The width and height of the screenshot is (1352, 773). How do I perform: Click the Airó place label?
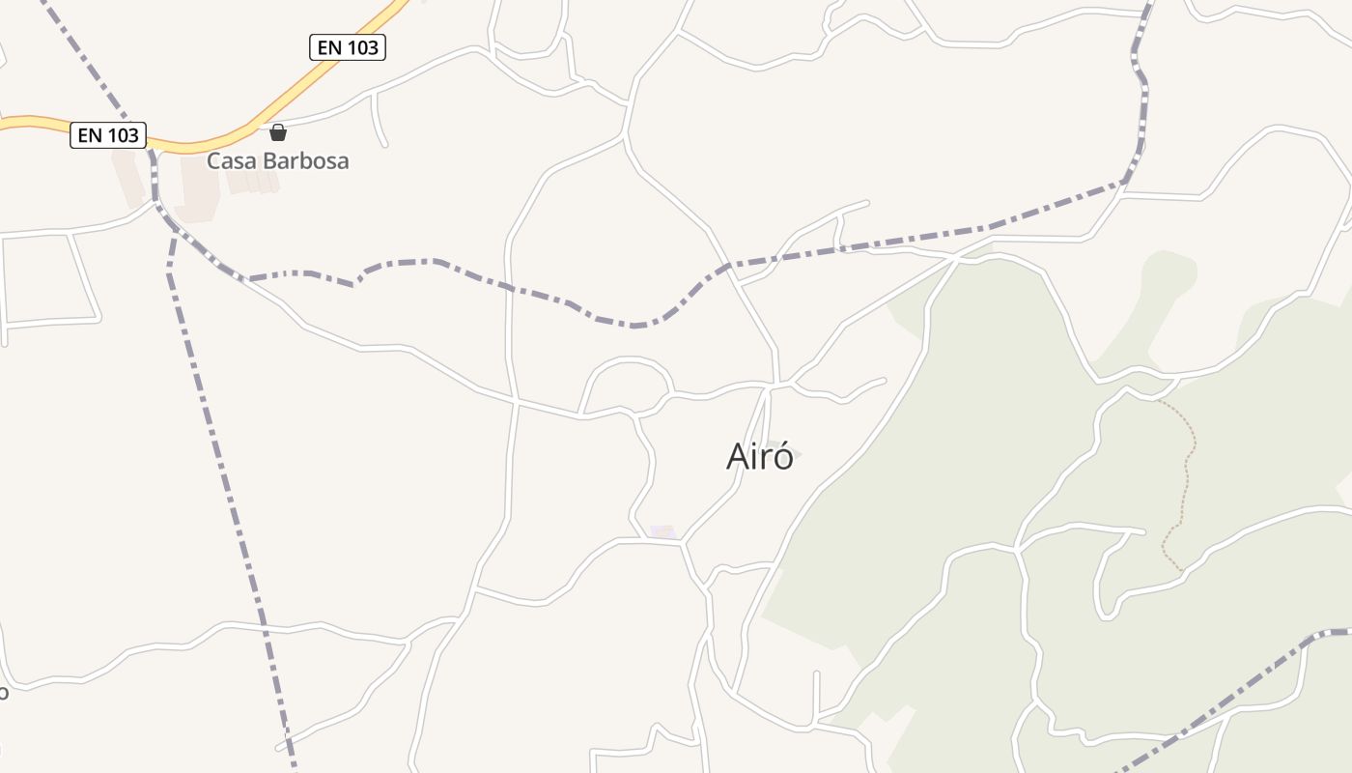pos(760,456)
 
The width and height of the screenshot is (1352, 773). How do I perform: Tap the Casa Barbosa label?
pos(277,160)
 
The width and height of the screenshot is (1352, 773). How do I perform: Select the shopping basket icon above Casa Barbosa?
pos(278,132)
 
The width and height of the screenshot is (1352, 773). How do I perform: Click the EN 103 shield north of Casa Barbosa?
pos(348,46)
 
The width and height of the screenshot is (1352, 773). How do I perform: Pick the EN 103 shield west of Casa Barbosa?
pos(108,135)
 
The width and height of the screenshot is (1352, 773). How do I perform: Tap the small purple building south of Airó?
pos(662,531)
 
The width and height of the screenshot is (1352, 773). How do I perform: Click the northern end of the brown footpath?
pos(1159,400)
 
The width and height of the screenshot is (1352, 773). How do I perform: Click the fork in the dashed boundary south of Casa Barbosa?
pos(175,228)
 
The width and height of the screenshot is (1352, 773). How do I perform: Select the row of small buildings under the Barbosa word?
pos(254,182)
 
